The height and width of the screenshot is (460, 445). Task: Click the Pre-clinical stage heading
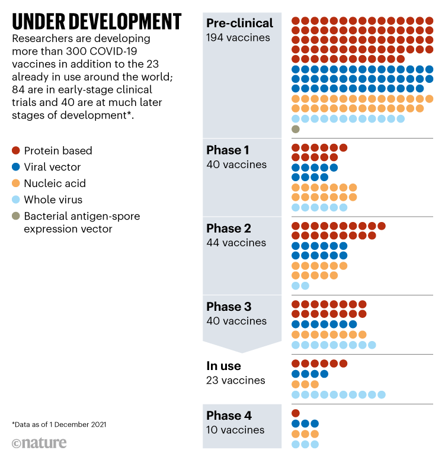[x=239, y=23]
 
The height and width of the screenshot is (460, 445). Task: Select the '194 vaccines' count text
[x=238, y=38]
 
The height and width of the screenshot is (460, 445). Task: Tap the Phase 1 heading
[x=228, y=150]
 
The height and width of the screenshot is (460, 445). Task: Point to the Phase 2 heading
[x=228, y=228]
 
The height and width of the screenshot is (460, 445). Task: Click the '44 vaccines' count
[x=236, y=243]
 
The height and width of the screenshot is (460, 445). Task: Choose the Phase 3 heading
[x=228, y=307]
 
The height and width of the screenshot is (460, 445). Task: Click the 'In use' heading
[x=223, y=366]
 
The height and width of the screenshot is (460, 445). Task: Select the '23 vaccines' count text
[x=235, y=381]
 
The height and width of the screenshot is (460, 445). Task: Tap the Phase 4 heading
[x=229, y=415]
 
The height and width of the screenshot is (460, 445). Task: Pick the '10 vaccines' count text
[x=235, y=430]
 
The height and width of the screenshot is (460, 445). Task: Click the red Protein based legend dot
[x=16, y=150]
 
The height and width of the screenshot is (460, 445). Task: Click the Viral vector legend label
[x=52, y=167]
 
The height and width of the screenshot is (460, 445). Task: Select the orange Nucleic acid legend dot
[x=16, y=184]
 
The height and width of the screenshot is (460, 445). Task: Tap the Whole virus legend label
[x=53, y=200]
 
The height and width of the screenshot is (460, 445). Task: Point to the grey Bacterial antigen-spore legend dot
[x=16, y=216]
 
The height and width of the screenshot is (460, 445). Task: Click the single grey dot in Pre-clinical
[x=296, y=129]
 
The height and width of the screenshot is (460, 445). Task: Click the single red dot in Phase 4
[x=296, y=413]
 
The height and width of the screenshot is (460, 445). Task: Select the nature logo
[x=39, y=443]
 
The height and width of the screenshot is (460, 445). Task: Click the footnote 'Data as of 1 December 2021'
[x=59, y=424]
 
